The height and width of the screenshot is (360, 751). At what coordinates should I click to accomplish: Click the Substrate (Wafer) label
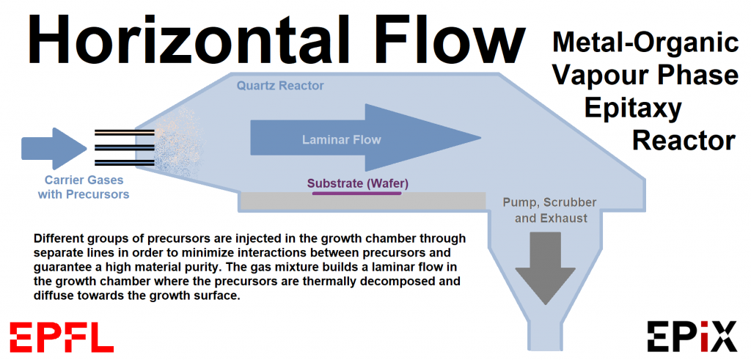pos(358,183)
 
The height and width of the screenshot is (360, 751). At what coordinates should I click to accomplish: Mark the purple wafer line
pos(357,194)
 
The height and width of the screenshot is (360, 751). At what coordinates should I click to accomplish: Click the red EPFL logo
pos(62,337)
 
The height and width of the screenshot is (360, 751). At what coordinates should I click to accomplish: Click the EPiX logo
pos(692,337)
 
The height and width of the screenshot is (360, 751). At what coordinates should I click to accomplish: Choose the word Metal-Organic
pos(645,43)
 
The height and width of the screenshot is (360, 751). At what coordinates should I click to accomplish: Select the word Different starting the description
pos(62,239)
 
